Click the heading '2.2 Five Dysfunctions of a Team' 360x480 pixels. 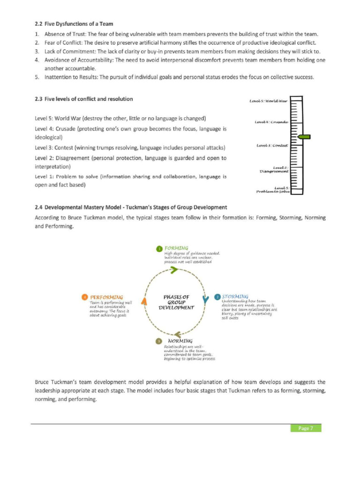point(74,24)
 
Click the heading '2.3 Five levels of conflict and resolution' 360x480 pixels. point(83,99)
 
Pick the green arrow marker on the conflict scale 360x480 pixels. point(304,136)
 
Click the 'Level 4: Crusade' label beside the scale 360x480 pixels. point(271,122)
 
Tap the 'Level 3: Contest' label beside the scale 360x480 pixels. point(272,146)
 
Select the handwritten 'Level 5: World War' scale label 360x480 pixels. point(269,101)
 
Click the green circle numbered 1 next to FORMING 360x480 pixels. point(159,248)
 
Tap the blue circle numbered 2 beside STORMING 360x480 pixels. point(217,297)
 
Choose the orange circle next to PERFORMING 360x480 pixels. point(84,297)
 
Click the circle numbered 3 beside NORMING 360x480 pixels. point(159,341)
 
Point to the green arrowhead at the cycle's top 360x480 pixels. point(173,270)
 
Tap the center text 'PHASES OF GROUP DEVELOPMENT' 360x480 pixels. point(176,302)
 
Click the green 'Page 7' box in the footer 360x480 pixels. point(305,428)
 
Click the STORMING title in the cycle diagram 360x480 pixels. point(235,297)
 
